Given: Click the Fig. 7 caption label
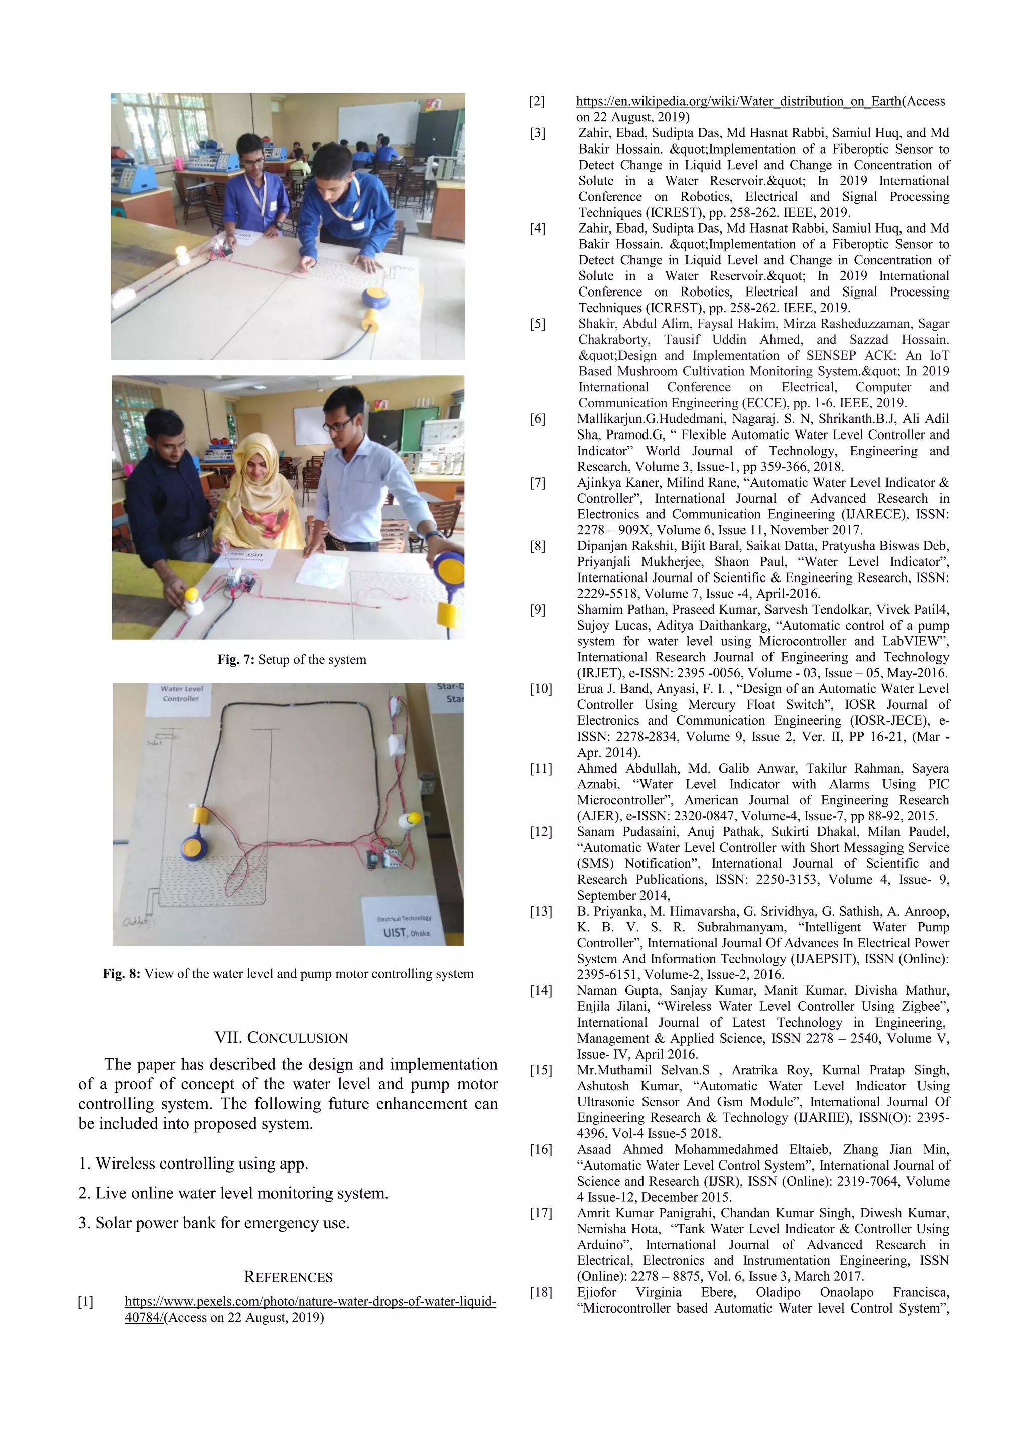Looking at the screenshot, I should [235, 659].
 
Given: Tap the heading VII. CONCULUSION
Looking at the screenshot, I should [281, 1038].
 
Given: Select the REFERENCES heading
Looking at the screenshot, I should [288, 1277].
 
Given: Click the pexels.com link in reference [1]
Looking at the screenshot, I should [310, 1302].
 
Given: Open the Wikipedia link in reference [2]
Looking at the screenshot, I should [738, 101].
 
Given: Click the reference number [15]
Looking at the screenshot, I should [541, 1070].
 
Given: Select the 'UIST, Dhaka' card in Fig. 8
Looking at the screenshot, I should [404, 925].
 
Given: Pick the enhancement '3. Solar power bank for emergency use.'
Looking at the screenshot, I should [214, 1223].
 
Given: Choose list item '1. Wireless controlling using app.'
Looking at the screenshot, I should [193, 1163].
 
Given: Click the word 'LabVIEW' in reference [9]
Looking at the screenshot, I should [912, 641].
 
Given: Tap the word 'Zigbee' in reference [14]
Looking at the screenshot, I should [927, 1006].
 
